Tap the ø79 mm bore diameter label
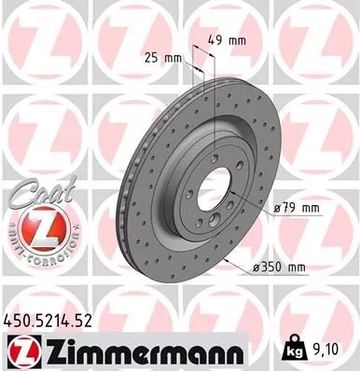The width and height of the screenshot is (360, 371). pyautogui.click(x=298, y=208)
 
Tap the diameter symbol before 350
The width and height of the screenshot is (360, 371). pyautogui.click(x=256, y=268)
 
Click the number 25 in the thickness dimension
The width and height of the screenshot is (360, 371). pyautogui.click(x=159, y=59)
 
